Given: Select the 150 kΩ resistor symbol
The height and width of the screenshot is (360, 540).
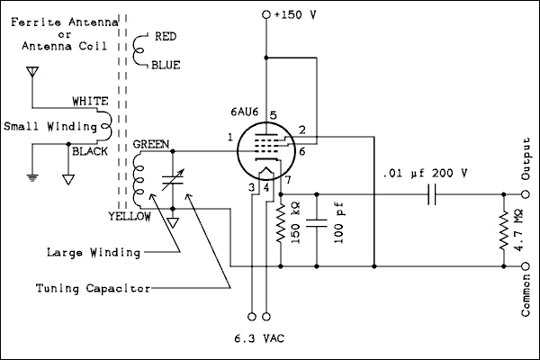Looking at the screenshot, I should pyautogui.click(x=281, y=220).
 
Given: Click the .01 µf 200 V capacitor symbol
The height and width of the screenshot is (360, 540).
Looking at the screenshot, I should pyautogui.click(x=433, y=193).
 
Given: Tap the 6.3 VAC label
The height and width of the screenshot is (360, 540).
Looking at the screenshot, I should pyautogui.click(x=258, y=339).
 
